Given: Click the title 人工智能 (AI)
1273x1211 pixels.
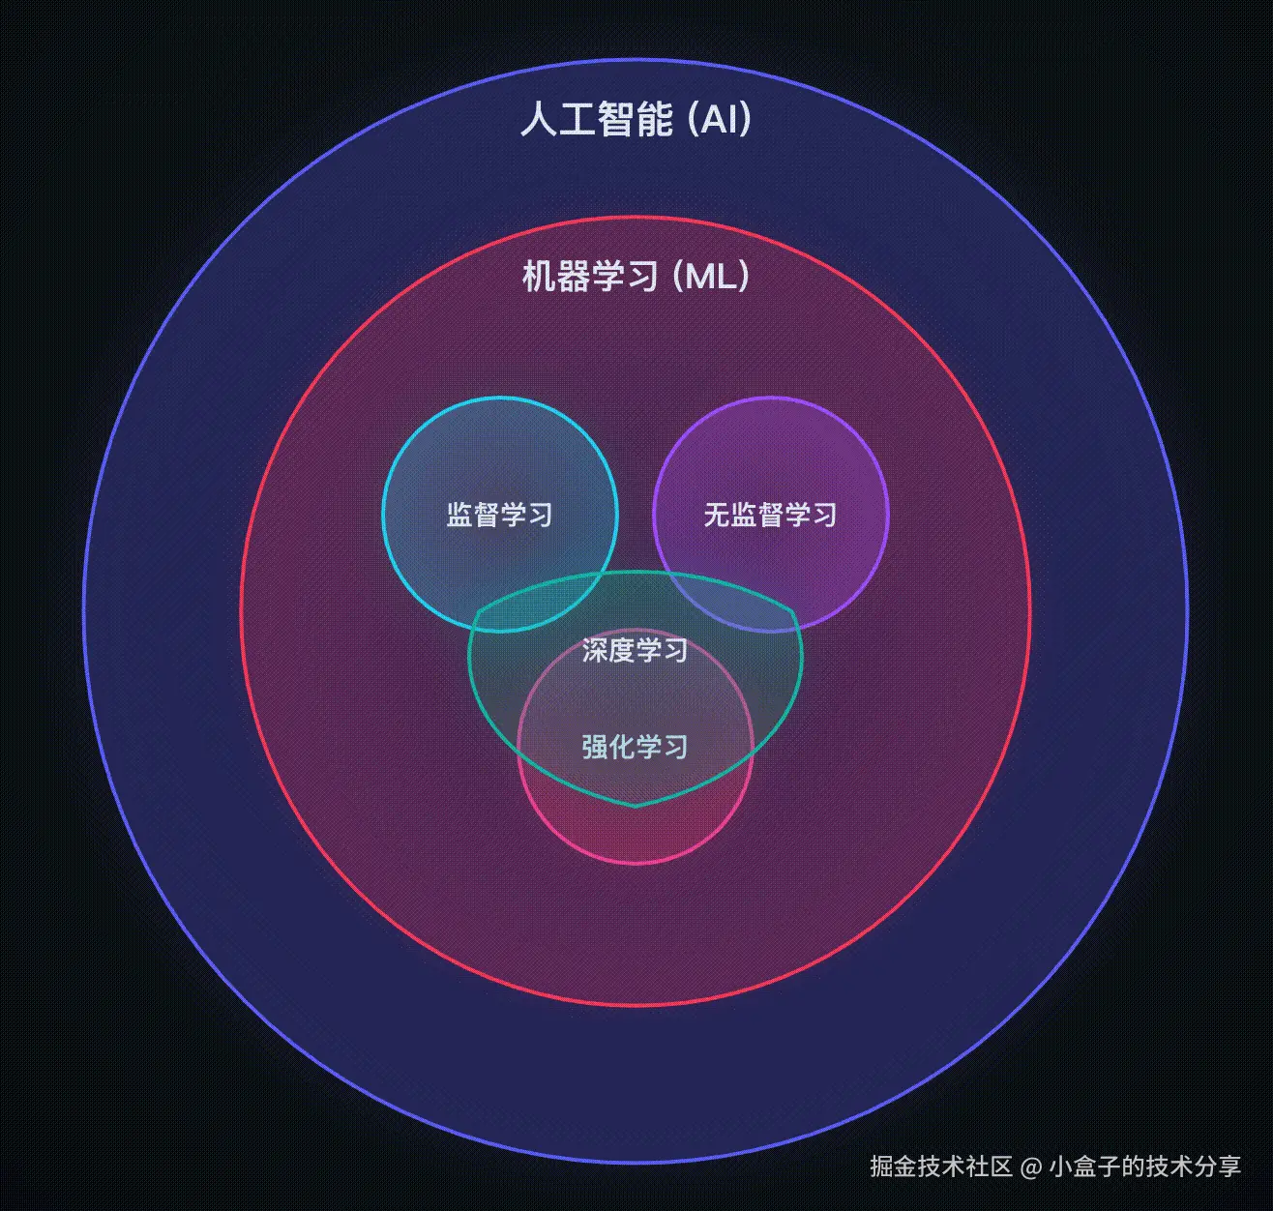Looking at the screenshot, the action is (x=636, y=120).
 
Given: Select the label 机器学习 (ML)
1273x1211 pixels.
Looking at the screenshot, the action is (x=636, y=277).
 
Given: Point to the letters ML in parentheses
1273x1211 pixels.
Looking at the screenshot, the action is (x=711, y=277).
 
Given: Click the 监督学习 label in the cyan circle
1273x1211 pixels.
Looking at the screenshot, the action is (x=499, y=515).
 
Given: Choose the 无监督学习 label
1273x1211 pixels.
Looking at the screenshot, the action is (x=770, y=515).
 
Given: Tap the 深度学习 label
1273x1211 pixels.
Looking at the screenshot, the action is (x=635, y=650).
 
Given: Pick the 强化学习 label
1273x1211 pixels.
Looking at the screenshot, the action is (x=635, y=747).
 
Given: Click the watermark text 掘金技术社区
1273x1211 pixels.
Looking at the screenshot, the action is (x=940, y=1166).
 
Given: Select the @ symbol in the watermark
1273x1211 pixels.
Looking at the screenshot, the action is (x=1031, y=1167).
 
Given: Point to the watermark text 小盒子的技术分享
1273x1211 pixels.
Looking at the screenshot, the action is (x=1144, y=1166).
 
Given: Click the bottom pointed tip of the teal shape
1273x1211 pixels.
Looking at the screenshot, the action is (x=636, y=805).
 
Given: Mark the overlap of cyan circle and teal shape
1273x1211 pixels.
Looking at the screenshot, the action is (x=542, y=605).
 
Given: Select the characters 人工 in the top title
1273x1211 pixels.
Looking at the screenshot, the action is (x=557, y=120).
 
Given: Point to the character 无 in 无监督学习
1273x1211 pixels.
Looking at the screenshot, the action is (x=716, y=515).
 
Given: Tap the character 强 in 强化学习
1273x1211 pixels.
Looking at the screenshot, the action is (x=594, y=747).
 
